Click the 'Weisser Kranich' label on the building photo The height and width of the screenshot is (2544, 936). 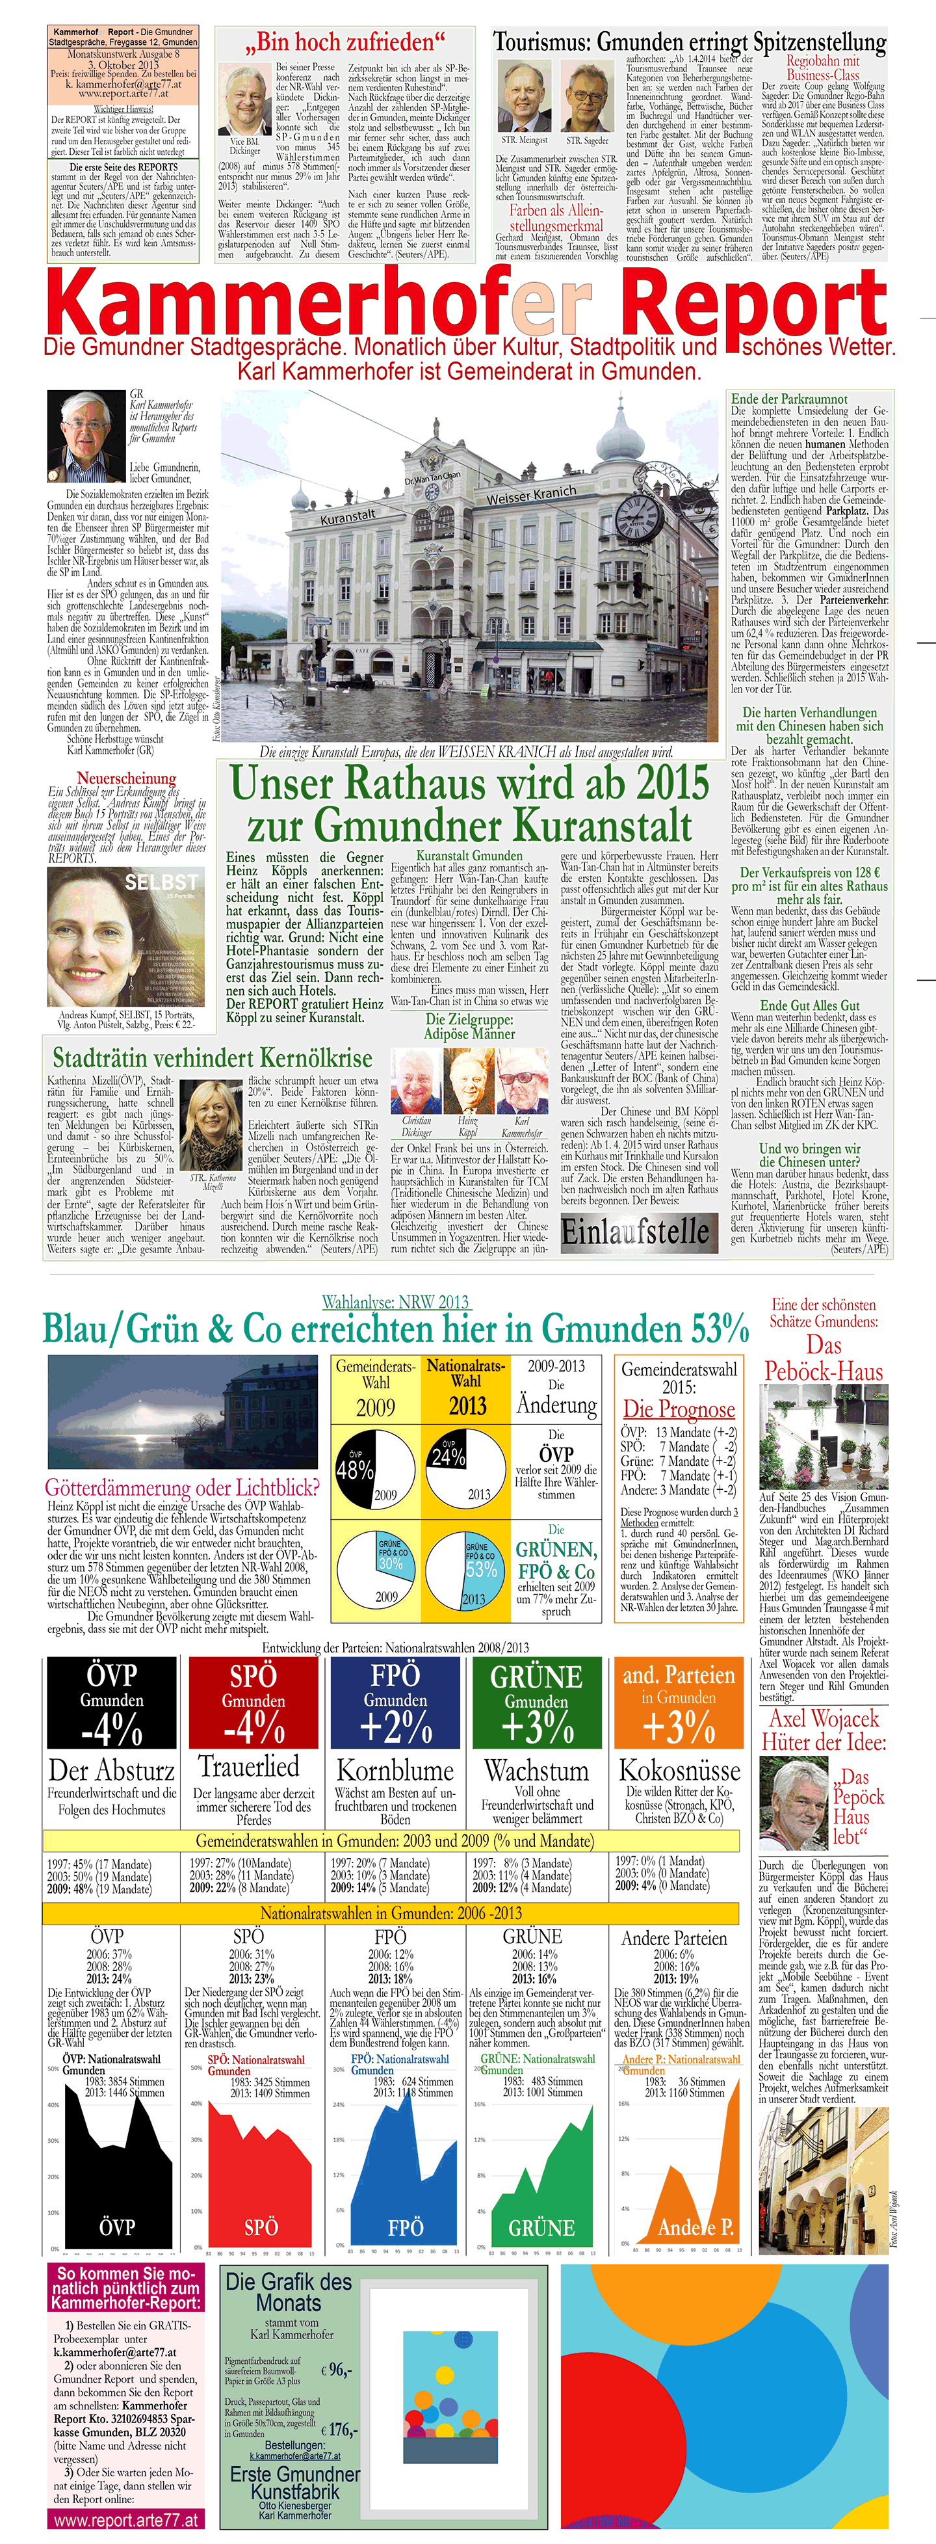pyautogui.click(x=530, y=495)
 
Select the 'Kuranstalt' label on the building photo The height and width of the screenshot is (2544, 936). pyautogui.click(x=348, y=516)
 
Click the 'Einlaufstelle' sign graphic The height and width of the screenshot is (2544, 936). pyautogui.click(x=636, y=1230)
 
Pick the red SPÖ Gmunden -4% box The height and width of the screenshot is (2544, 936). pyautogui.click(x=253, y=1703)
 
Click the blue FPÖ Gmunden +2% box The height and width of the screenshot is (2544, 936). pyautogui.click(x=395, y=1703)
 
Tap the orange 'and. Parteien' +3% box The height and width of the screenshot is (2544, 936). pyautogui.click(x=679, y=1703)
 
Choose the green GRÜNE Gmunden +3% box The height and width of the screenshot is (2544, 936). pyautogui.click(x=537, y=1703)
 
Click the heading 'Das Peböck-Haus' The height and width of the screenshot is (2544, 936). pyautogui.click(x=824, y=1358)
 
